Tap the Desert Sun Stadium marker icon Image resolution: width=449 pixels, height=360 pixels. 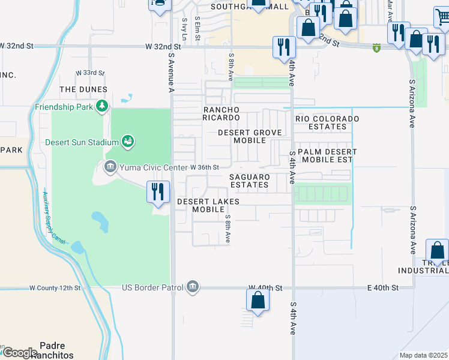click(x=127, y=142)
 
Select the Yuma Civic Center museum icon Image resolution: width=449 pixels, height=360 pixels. click(x=110, y=166)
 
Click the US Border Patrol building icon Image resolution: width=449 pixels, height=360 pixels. click(x=192, y=287)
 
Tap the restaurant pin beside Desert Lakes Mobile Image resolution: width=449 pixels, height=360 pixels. click(x=157, y=192)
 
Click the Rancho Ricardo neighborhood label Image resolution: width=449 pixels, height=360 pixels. click(x=221, y=114)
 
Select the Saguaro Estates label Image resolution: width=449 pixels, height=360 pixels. click(x=249, y=181)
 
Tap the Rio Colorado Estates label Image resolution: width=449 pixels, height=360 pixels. click(x=327, y=123)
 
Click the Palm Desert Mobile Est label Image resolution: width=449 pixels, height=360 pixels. click(x=327, y=156)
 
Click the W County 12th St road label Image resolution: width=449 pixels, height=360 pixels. click(x=55, y=288)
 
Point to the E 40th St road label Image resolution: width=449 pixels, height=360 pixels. click(x=383, y=288)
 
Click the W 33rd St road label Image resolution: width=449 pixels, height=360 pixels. click(x=90, y=73)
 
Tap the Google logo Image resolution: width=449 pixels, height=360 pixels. click(x=20, y=353)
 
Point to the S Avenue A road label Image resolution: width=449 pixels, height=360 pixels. click(x=171, y=72)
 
